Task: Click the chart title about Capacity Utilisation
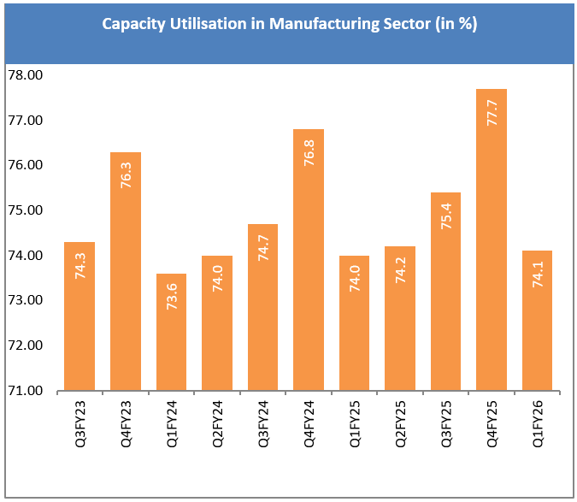tap(289, 24)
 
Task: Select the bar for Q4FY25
tap(492, 239)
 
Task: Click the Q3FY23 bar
tap(79, 316)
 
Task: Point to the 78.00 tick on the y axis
tap(25, 75)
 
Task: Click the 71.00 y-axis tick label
tap(25, 392)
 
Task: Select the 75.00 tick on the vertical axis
tap(25, 210)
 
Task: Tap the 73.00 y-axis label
tap(25, 301)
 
